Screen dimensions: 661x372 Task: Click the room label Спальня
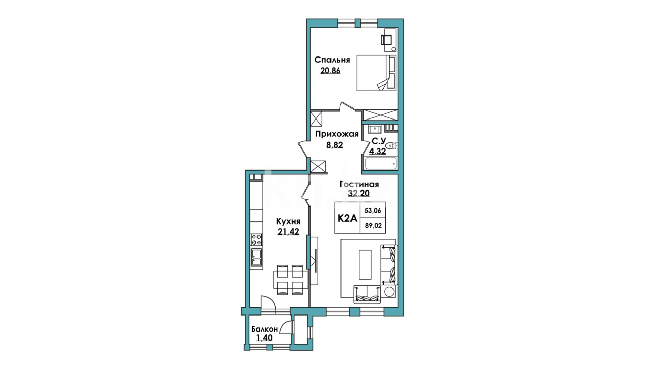click(x=332, y=60)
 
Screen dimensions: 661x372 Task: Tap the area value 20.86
click(x=330, y=71)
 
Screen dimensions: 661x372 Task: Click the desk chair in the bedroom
click(x=386, y=40)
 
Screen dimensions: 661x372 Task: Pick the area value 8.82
click(x=335, y=145)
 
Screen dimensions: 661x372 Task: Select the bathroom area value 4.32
click(x=377, y=151)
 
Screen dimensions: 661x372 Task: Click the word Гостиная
click(x=359, y=185)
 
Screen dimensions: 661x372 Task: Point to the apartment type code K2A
click(x=347, y=218)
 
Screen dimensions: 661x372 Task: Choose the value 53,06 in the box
click(x=373, y=210)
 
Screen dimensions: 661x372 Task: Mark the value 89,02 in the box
click(x=373, y=226)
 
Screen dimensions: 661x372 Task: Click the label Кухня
click(x=288, y=221)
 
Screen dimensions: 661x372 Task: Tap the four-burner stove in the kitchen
click(x=256, y=238)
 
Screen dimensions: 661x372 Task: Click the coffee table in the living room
click(x=366, y=265)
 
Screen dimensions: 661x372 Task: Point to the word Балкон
click(x=265, y=329)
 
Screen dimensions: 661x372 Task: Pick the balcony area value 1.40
click(x=264, y=338)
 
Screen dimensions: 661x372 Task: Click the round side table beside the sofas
click(x=389, y=291)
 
